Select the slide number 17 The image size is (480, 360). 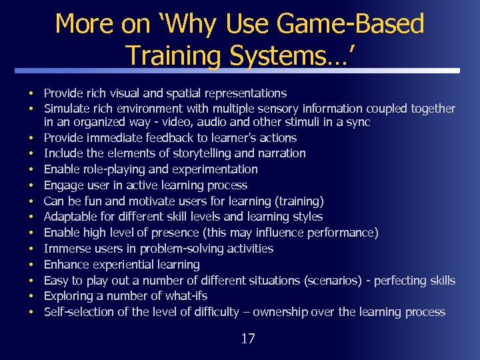coord(247,339)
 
